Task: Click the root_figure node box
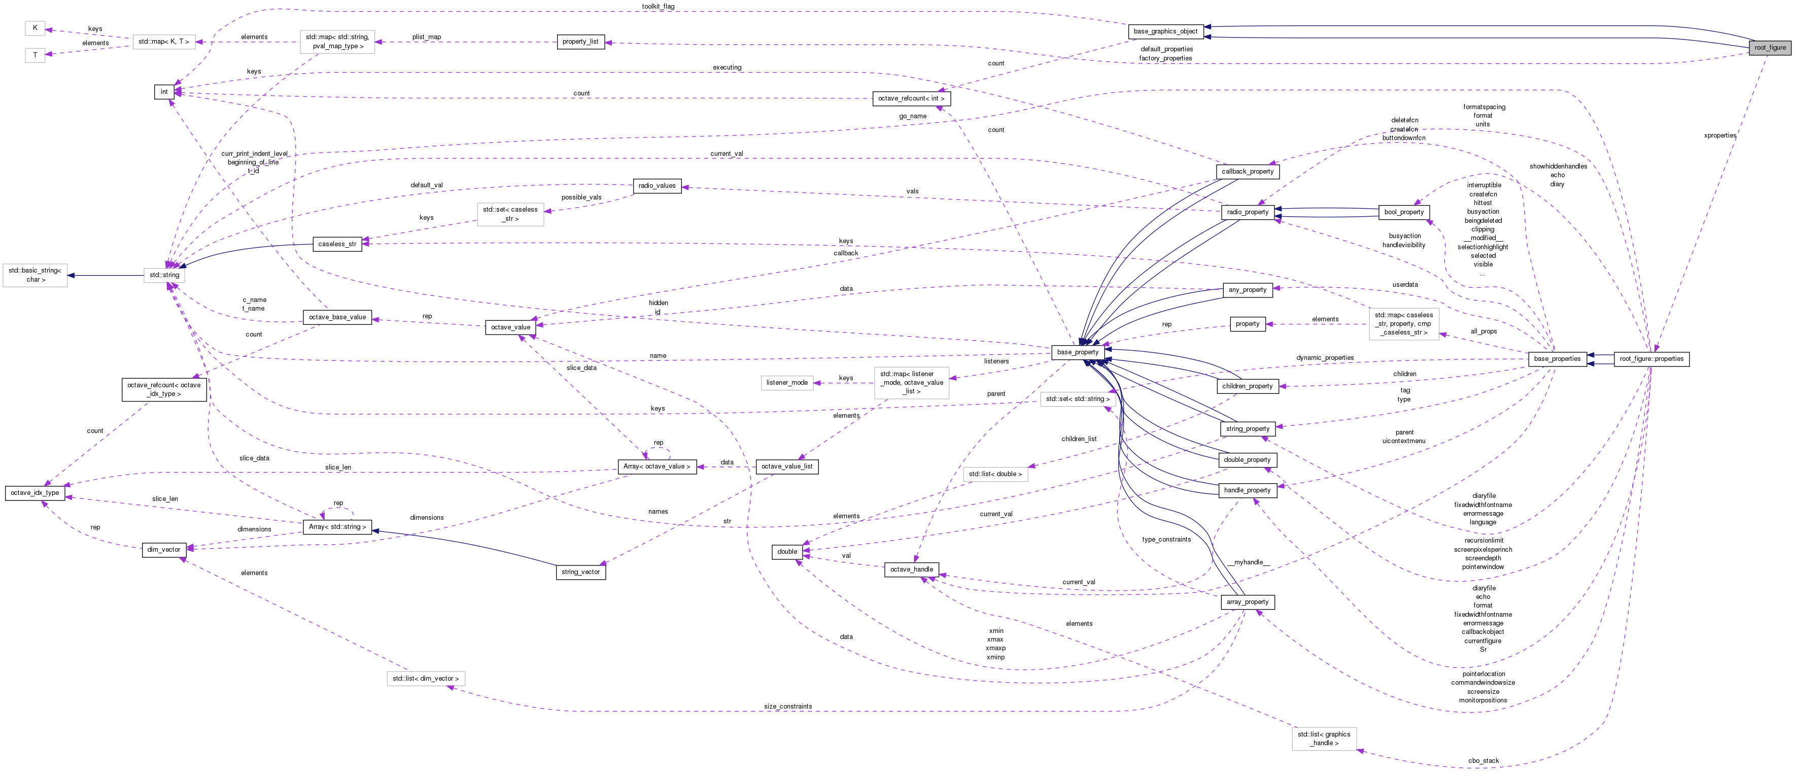(x=1770, y=47)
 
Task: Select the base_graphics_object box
(x=1165, y=31)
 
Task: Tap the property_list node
(x=580, y=42)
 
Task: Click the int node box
(x=164, y=92)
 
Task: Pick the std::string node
(x=164, y=275)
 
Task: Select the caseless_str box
(x=337, y=244)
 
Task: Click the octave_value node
(x=510, y=327)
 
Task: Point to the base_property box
(x=1078, y=352)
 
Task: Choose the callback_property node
(x=1247, y=172)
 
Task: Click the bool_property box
(x=1404, y=212)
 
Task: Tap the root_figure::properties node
(x=1651, y=359)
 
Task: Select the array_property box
(x=1247, y=602)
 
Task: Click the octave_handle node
(x=911, y=569)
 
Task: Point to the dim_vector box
(x=164, y=550)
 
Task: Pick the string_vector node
(x=580, y=572)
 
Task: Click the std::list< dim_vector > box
(x=425, y=679)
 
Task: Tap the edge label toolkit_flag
(x=658, y=6)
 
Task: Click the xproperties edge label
(x=1719, y=136)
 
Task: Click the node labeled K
(x=35, y=28)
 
